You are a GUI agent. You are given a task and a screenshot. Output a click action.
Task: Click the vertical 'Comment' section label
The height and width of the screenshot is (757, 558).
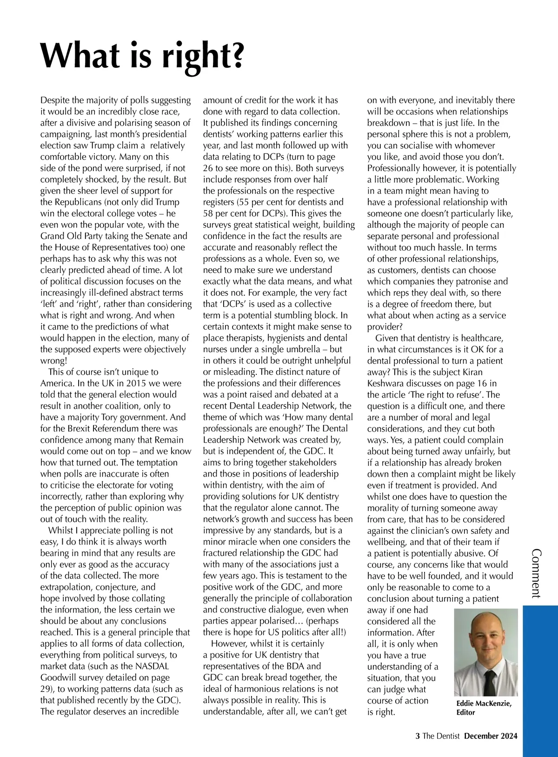(536, 573)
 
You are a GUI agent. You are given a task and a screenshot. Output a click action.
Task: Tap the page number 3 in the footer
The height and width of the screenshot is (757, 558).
(417, 736)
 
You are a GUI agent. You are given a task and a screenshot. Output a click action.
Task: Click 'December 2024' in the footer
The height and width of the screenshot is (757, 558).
(491, 736)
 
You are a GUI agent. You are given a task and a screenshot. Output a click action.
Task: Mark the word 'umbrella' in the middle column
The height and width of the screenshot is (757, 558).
(303, 349)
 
